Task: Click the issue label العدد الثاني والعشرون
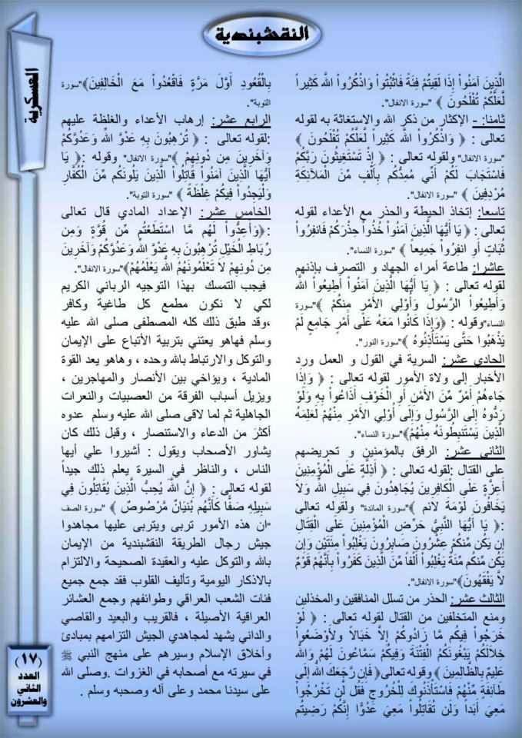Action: [30, 688]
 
